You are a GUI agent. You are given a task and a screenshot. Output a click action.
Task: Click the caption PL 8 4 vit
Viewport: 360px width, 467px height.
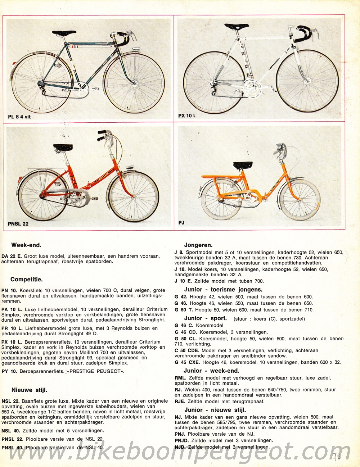coord(19,117)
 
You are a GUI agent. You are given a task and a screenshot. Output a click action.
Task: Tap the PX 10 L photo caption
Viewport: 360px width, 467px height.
coord(187,115)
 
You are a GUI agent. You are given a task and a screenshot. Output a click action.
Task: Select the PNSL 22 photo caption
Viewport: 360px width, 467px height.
coord(18,223)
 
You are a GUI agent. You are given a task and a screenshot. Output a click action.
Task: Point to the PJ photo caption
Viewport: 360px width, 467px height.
coord(181,223)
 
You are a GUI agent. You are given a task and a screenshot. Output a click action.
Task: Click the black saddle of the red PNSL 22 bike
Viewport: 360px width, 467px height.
coord(63,148)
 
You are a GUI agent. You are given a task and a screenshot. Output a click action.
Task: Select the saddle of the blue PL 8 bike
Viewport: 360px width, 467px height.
coord(65,33)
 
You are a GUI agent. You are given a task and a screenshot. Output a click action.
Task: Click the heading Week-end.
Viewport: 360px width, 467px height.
coord(26,245)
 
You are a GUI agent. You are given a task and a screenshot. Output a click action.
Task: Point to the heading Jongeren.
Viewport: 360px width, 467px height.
coord(198,245)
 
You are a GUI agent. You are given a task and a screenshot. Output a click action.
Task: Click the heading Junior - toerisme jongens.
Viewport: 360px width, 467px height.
coord(224,290)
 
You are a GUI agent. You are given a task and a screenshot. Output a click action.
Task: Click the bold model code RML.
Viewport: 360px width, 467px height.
coord(180,378)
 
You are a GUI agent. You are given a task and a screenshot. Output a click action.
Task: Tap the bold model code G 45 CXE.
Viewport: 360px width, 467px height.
coord(187,362)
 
